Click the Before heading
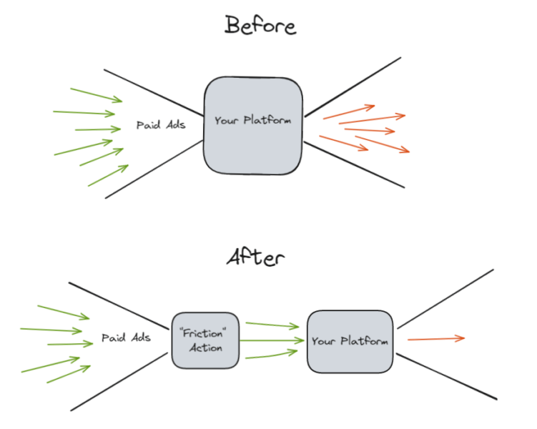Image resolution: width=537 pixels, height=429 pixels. pos(260,26)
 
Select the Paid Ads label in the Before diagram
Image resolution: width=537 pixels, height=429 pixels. pos(161,125)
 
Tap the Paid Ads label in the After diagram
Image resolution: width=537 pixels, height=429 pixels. pos(126,337)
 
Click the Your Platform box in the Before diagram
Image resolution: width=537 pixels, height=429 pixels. pos(252,125)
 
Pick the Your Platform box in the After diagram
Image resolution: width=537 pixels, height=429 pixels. pos(350,342)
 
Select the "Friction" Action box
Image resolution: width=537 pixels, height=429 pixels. pos(205,340)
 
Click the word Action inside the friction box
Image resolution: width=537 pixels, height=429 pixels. pos(205,348)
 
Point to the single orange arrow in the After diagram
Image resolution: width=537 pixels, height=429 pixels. pos(436,338)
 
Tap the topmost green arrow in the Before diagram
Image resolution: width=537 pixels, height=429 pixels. pos(96,95)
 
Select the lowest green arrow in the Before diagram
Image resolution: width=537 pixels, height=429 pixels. pos(108,176)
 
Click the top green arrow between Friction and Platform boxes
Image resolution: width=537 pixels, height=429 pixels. pos(272,325)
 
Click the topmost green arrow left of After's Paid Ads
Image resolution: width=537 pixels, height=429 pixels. pos(63,312)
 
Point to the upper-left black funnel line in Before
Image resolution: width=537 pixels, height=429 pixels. pos(154,91)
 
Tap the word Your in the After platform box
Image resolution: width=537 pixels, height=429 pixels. pos(323,342)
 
